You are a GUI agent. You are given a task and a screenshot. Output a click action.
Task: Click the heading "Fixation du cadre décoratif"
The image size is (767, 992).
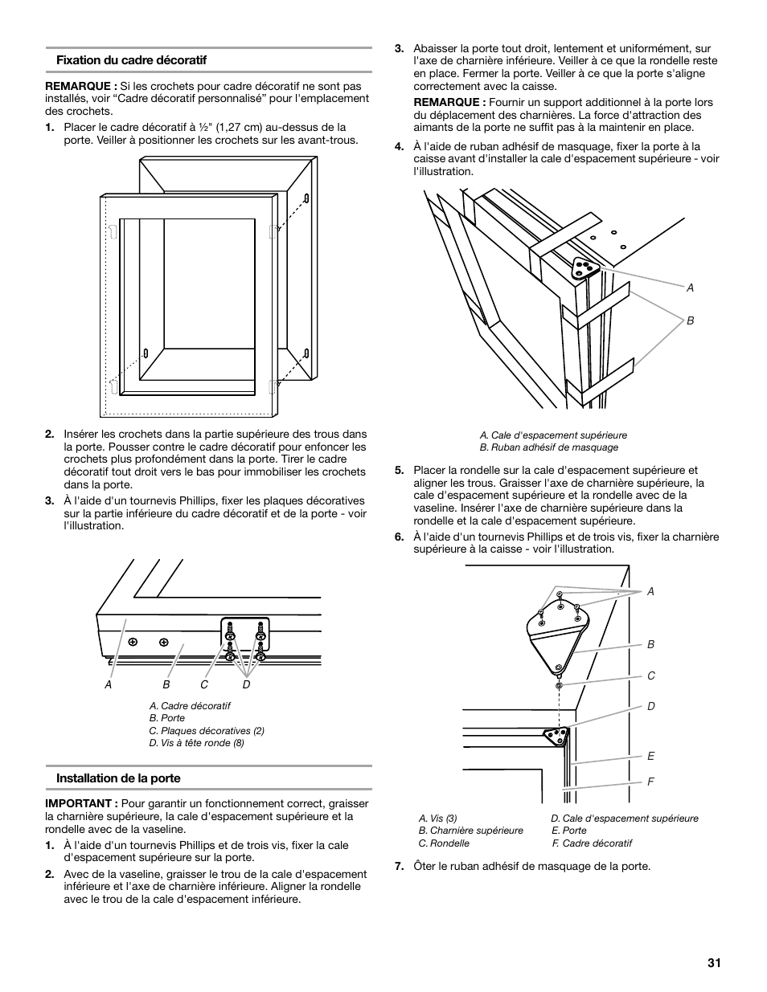click(x=131, y=60)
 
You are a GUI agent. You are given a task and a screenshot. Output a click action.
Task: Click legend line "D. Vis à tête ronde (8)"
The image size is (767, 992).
click(x=196, y=743)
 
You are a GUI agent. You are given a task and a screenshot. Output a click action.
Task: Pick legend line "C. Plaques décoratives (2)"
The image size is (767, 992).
click(x=207, y=731)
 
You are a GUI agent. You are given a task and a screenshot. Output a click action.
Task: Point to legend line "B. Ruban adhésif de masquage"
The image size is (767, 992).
click(x=549, y=447)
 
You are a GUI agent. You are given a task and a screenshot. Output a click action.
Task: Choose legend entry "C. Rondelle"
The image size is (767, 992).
click(x=444, y=843)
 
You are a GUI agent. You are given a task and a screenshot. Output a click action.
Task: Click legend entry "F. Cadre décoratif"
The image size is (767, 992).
click(x=592, y=843)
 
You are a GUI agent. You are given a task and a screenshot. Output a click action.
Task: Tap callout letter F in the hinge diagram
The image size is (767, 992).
click(x=651, y=782)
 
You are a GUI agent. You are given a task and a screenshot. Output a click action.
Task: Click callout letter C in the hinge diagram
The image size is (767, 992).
click(x=651, y=676)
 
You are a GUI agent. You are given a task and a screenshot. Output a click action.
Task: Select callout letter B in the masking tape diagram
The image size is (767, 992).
click(x=690, y=320)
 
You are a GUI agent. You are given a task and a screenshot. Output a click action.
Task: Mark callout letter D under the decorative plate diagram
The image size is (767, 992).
click(x=247, y=684)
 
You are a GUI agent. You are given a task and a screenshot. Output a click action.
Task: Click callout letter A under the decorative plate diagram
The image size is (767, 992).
click(x=108, y=684)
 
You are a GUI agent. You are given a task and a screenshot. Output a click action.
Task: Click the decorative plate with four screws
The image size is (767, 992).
click(x=246, y=635)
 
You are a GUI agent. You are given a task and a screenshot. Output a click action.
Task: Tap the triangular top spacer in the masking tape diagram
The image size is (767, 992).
click(x=584, y=270)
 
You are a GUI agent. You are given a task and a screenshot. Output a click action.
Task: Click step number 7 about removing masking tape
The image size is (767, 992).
click(x=399, y=867)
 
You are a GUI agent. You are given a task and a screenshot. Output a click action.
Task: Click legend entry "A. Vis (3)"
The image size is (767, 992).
click(x=437, y=819)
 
